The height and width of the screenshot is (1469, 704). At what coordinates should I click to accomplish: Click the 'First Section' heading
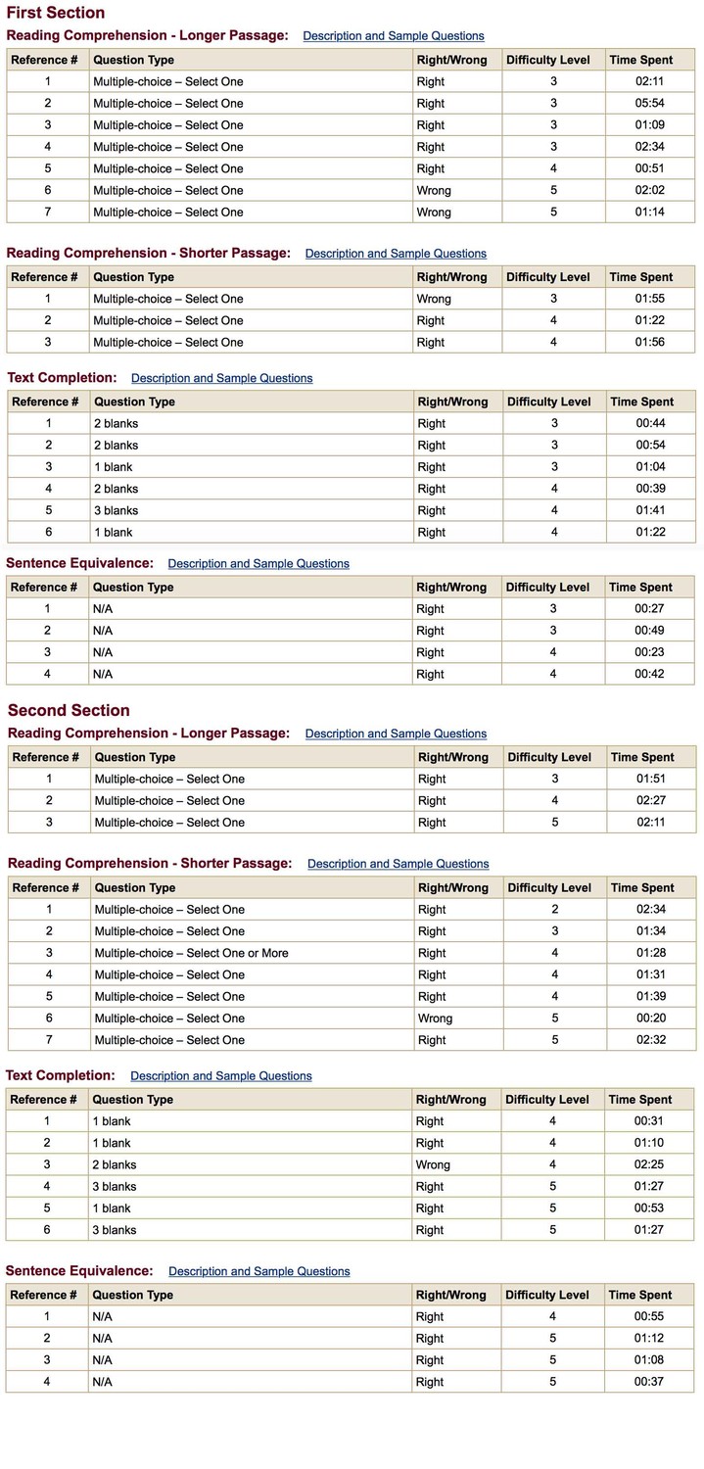pyautogui.click(x=56, y=13)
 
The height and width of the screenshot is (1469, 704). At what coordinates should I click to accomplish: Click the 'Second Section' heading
pyautogui.click(x=69, y=711)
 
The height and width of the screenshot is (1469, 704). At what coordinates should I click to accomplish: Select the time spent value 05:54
pyautogui.click(x=650, y=103)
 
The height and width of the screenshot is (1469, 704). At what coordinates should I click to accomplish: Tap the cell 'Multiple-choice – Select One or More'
pyautogui.click(x=191, y=953)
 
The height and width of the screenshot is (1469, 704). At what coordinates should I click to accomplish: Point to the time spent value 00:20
pyautogui.click(x=651, y=1019)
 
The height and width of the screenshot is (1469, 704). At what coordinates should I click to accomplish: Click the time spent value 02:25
pyautogui.click(x=649, y=1164)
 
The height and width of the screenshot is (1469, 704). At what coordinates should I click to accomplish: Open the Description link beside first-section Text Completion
pyautogui.click(x=221, y=378)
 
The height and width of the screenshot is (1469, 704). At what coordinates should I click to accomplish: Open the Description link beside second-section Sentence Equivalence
pyautogui.click(x=258, y=1271)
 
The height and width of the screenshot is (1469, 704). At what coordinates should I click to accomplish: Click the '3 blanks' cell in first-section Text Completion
pyautogui.click(x=116, y=510)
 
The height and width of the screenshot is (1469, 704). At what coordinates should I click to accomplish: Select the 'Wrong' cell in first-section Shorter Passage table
pyautogui.click(x=434, y=299)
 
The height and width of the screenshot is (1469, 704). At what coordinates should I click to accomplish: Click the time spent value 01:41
pyautogui.click(x=650, y=510)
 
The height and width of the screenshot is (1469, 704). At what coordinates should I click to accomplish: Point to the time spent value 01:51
pyautogui.click(x=651, y=779)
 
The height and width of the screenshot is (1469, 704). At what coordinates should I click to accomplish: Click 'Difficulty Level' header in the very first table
pyautogui.click(x=547, y=60)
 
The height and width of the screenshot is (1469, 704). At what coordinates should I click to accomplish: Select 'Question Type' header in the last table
pyautogui.click(x=132, y=1295)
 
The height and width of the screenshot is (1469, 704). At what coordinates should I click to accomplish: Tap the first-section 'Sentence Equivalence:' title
pyautogui.click(x=79, y=563)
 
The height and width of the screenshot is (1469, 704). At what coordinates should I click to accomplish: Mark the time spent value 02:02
pyautogui.click(x=650, y=190)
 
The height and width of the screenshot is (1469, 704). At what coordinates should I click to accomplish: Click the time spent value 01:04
pyautogui.click(x=650, y=467)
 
